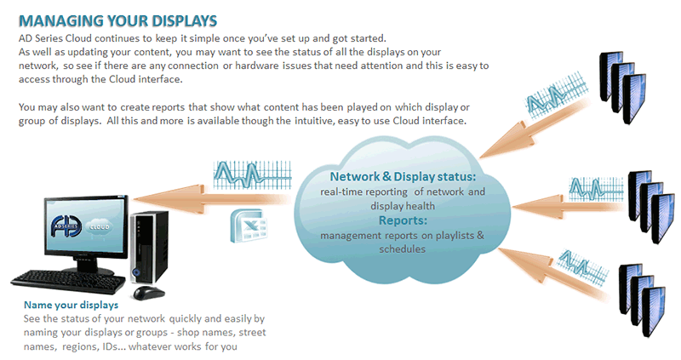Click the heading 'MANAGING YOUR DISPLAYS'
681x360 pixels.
117,20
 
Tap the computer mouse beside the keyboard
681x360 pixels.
148,292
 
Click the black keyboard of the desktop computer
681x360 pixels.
68,282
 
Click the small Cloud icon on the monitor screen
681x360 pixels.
100,226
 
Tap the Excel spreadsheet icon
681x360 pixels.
248,225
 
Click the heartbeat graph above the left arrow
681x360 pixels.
252,174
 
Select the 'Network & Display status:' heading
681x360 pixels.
403,176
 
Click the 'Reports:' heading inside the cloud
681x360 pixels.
403,220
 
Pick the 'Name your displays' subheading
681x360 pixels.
71,305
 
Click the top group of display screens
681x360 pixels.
623,87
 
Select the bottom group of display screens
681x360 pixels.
642,300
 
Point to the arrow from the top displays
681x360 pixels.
535,129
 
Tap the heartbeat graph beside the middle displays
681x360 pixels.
596,187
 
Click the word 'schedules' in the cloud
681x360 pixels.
402,249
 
